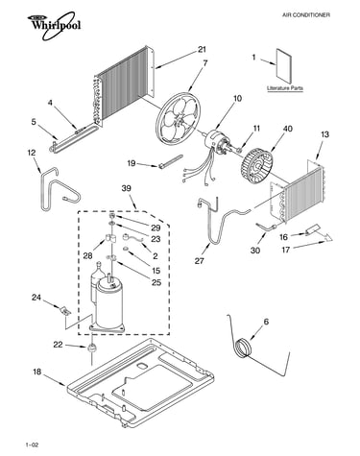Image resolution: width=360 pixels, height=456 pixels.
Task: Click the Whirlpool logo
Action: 54,25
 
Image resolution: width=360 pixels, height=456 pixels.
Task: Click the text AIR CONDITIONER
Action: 306,15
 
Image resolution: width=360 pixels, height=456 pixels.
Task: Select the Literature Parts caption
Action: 285,88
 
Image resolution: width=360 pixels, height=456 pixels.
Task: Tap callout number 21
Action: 202,49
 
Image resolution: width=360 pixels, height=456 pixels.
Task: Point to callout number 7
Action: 205,63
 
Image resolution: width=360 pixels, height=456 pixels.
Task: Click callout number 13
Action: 324,134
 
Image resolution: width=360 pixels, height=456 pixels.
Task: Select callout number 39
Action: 127,188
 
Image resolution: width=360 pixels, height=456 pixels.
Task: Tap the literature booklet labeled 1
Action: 284,66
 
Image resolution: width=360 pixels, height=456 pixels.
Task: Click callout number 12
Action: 32,153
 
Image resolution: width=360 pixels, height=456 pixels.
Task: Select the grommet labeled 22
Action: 92,348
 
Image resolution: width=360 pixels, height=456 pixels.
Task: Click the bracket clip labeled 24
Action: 65,310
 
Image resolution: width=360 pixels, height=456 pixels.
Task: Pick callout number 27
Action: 200,261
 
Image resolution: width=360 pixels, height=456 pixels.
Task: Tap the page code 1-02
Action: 32,444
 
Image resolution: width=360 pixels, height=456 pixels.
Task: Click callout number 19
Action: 132,163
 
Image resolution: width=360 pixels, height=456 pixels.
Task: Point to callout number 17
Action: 286,250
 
